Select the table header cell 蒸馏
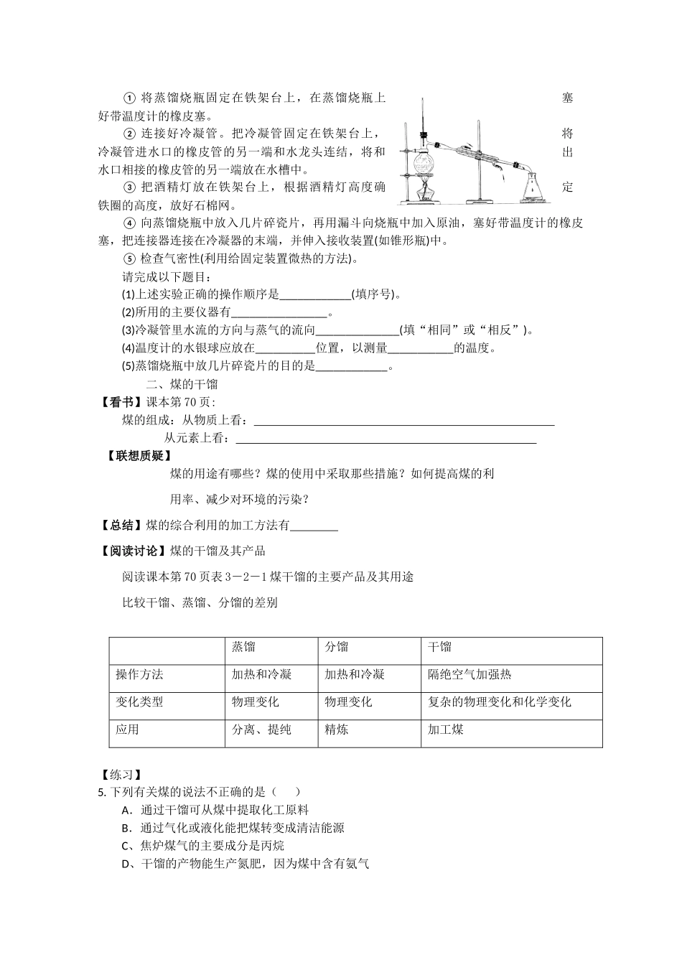tap(243, 647)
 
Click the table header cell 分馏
tap(337, 647)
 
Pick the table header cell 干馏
tap(440, 647)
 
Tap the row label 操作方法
tap(140, 674)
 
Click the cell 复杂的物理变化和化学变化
tap(500, 701)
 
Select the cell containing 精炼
tap(337, 729)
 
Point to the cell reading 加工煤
tap(446, 729)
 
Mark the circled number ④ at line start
tap(130, 223)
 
